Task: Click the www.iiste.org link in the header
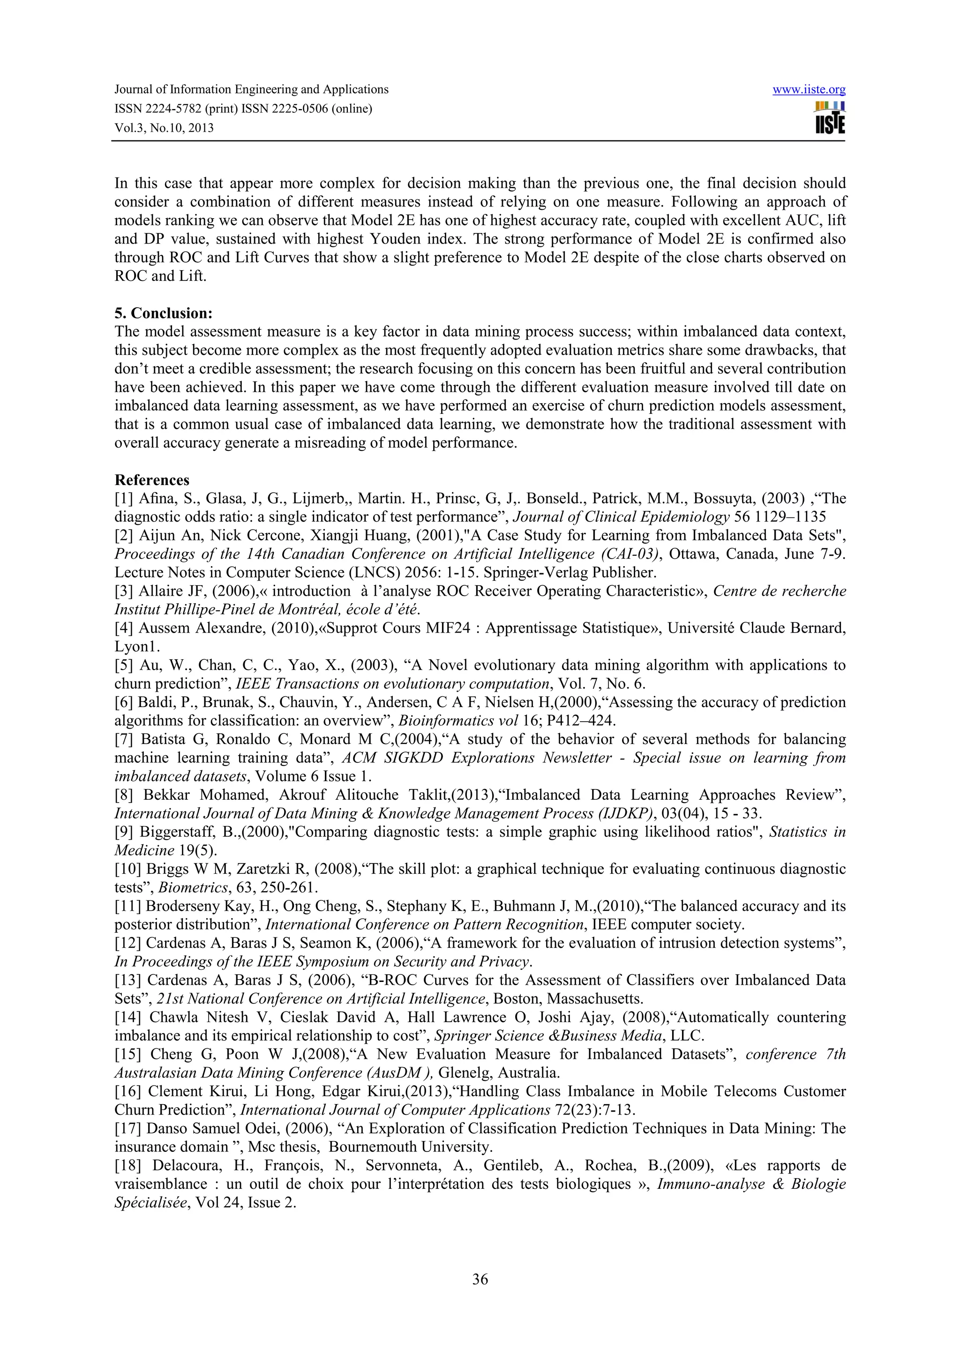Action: click(809, 90)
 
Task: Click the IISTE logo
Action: click(830, 118)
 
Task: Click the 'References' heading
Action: click(152, 479)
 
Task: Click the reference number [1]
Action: click(125, 498)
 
